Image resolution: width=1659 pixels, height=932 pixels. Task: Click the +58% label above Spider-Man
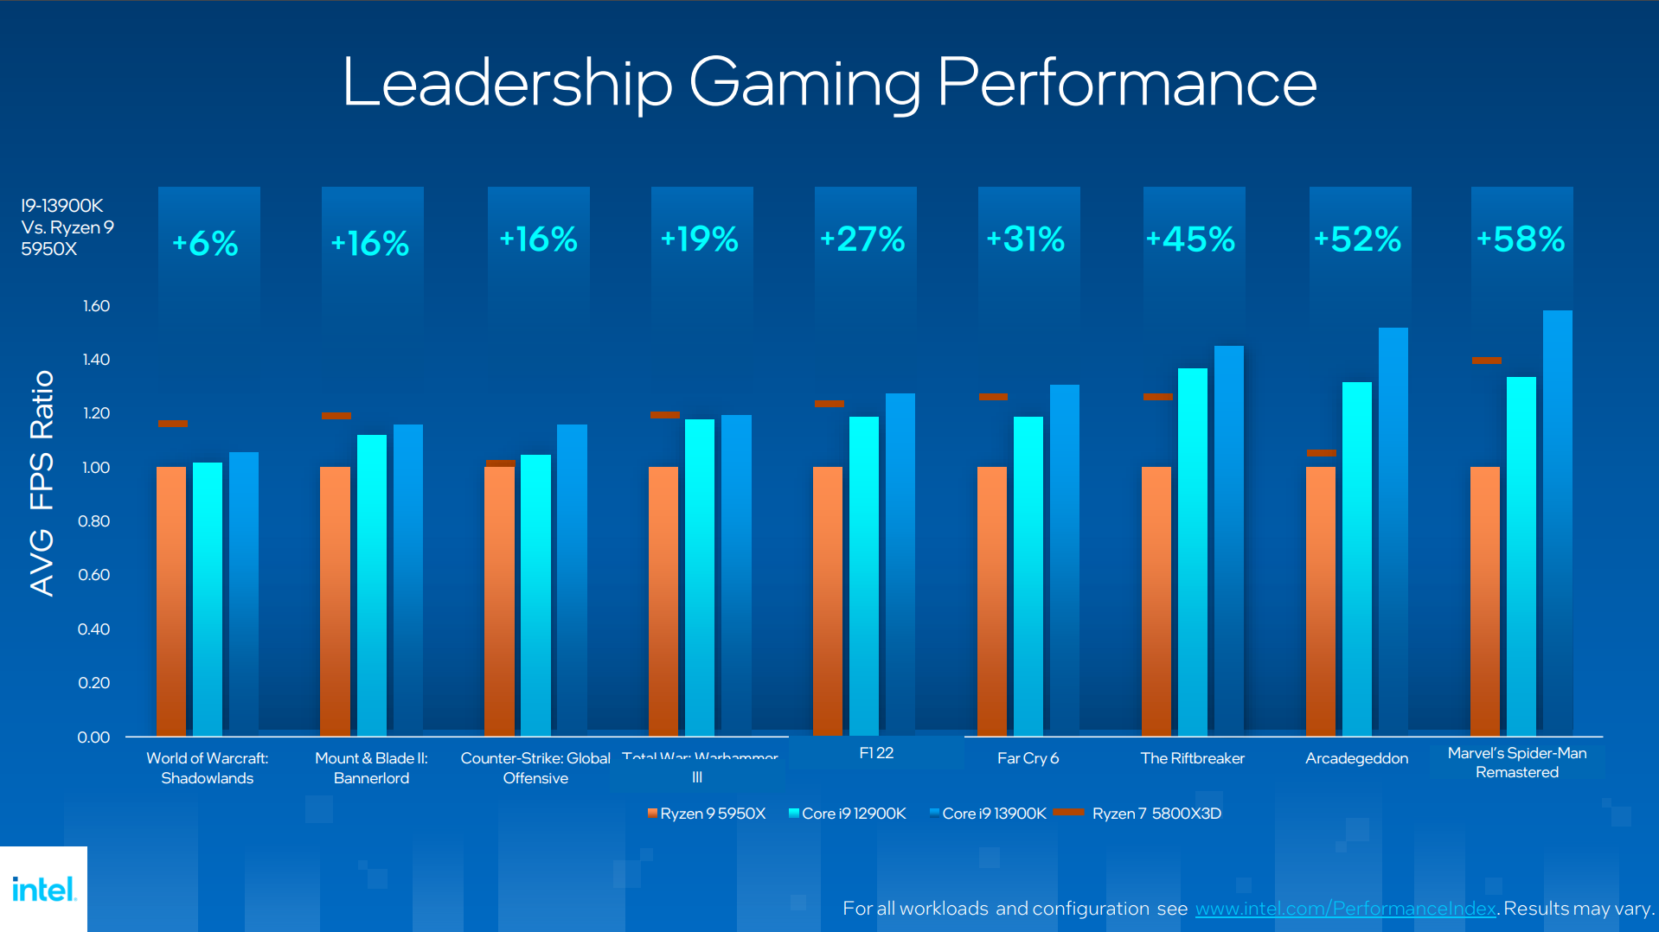(x=1521, y=239)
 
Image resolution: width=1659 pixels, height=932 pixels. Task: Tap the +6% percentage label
(x=206, y=244)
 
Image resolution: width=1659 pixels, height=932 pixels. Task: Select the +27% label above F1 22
(x=862, y=239)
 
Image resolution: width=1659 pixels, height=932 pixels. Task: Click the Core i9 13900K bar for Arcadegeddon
(x=1393, y=532)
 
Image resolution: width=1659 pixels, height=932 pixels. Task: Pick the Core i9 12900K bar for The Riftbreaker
(x=1192, y=553)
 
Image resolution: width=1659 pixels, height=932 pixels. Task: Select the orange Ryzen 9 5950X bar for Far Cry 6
(x=992, y=601)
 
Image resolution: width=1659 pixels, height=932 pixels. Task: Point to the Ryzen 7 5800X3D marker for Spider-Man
(x=1486, y=361)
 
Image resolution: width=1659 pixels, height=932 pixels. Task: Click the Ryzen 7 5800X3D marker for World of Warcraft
(x=173, y=424)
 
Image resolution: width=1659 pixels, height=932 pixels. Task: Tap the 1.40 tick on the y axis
(x=96, y=360)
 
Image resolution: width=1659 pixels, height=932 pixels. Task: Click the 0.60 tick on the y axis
(x=94, y=575)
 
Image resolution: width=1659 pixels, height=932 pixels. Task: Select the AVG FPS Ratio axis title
(x=42, y=484)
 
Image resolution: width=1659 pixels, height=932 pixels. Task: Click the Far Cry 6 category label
(x=1028, y=758)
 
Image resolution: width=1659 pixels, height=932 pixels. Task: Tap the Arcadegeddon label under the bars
(x=1356, y=758)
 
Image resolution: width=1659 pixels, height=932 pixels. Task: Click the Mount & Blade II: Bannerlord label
(x=371, y=768)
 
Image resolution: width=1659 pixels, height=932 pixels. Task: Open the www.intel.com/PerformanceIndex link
(x=1345, y=909)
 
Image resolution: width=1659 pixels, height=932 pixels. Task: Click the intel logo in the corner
(x=43, y=889)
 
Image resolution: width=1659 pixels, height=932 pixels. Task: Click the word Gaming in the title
(x=804, y=84)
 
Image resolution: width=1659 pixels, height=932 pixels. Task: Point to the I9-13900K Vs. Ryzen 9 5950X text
(x=67, y=227)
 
